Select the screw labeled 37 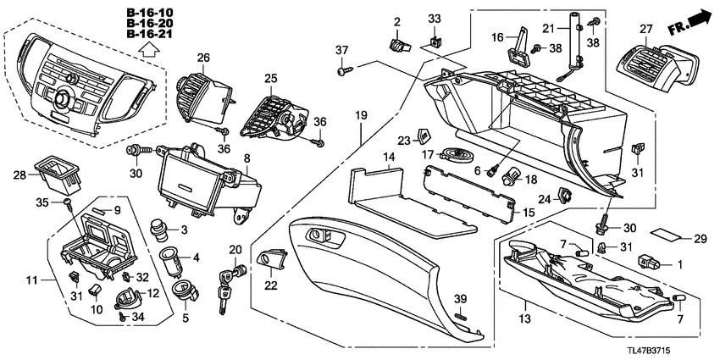pos(344,74)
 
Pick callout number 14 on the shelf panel pos(389,157)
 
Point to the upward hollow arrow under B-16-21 pos(149,52)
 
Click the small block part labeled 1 pos(651,261)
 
